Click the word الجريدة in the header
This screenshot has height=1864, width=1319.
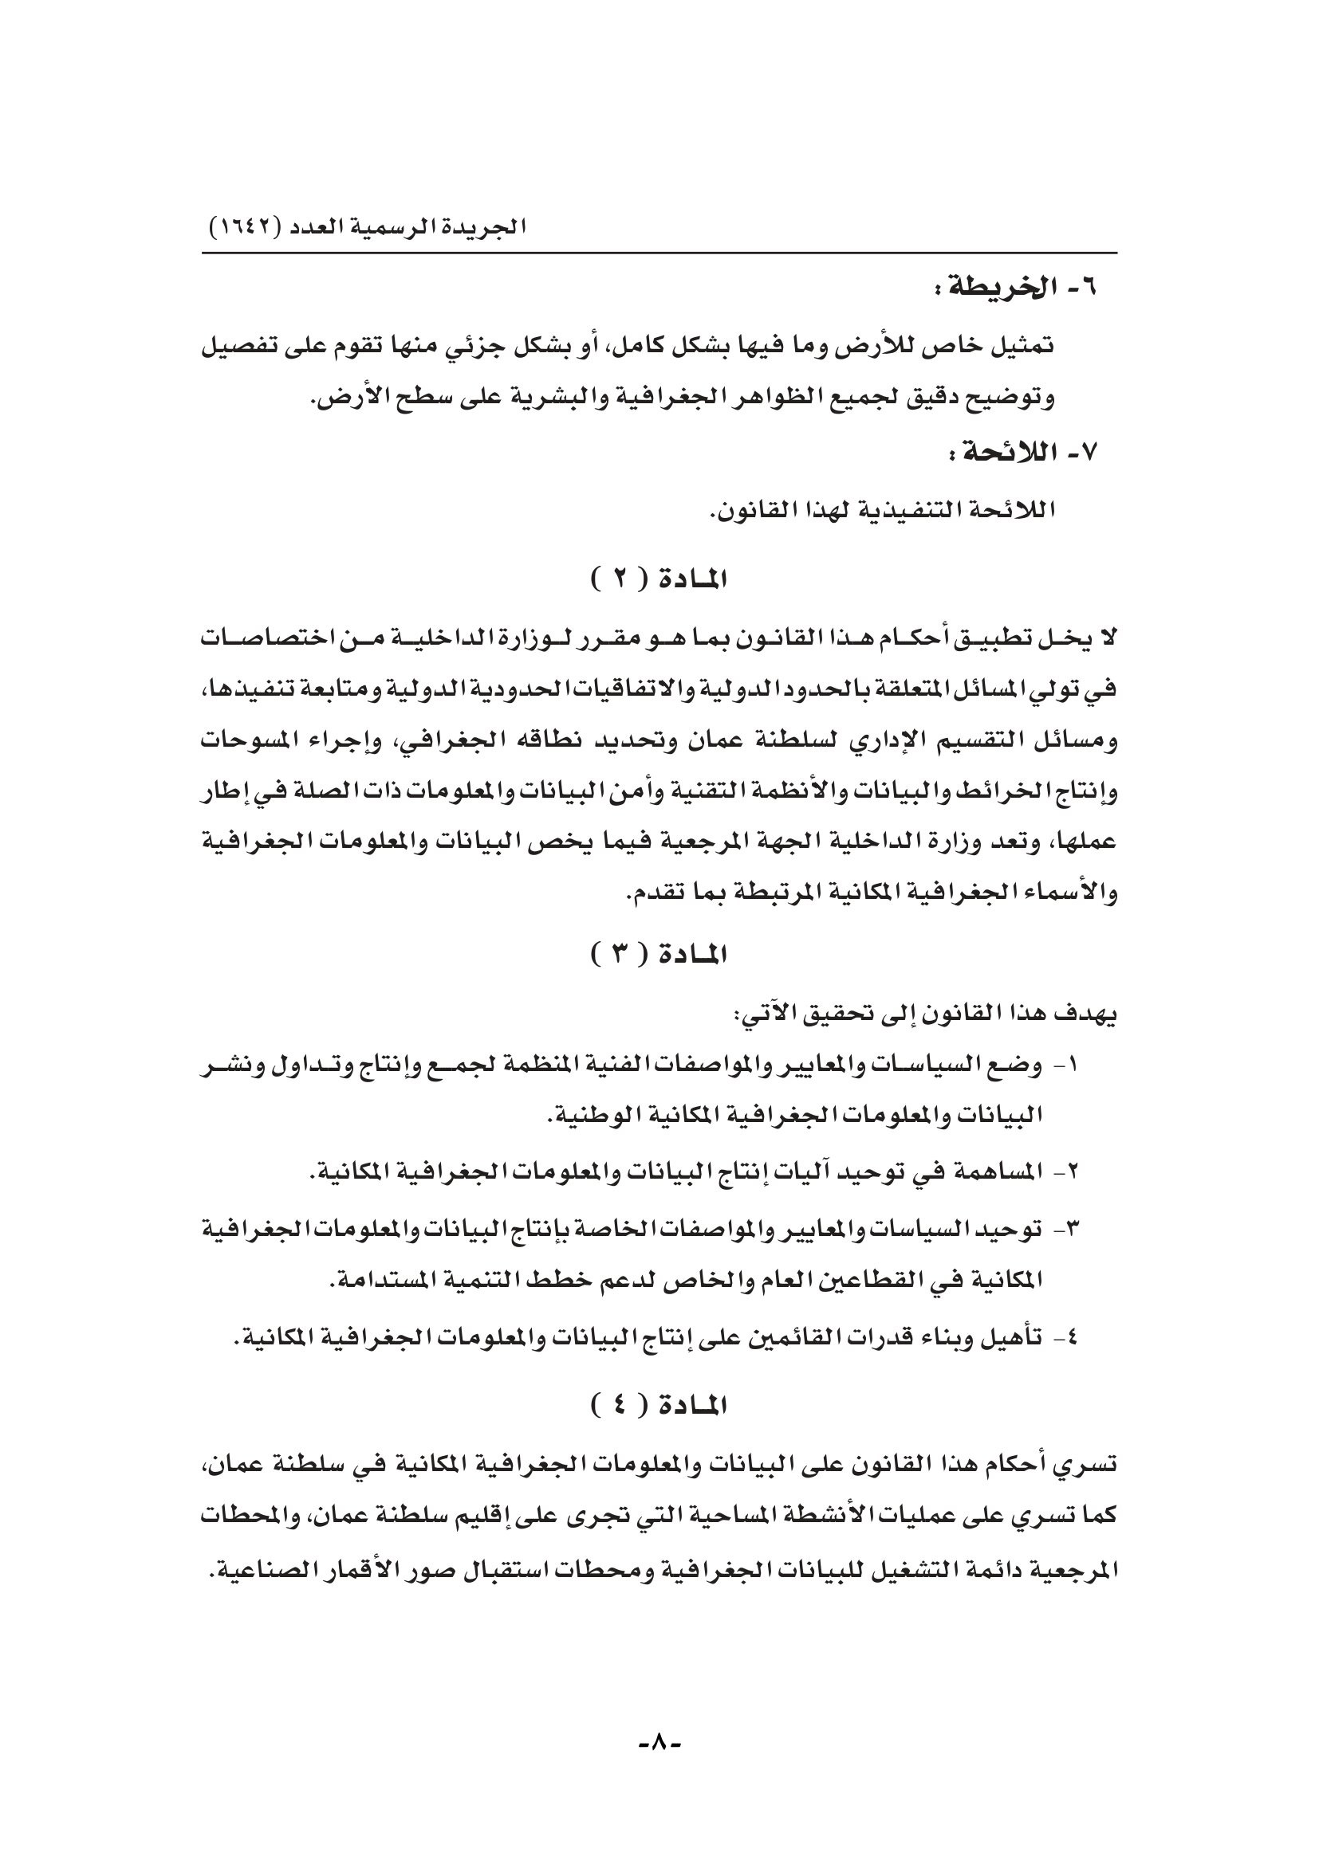[x=486, y=226]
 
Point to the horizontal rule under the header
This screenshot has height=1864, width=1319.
[x=659, y=253]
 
